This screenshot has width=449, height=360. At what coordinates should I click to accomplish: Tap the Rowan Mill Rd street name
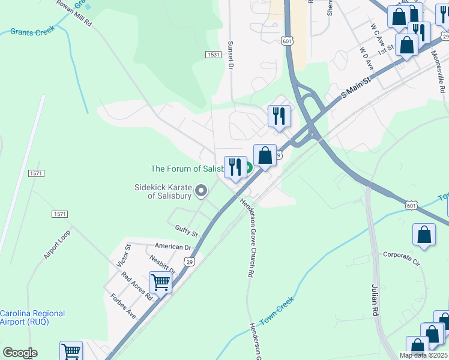pyautogui.click(x=74, y=13)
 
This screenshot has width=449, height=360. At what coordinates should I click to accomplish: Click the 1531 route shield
pyautogui.click(x=212, y=54)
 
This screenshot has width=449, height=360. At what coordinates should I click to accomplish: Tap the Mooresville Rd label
pyautogui.click(x=439, y=71)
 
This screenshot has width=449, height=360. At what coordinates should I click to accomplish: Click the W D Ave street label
pyautogui.click(x=366, y=58)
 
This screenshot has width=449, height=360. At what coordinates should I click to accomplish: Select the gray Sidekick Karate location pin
pyautogui.click(x=201, y=191)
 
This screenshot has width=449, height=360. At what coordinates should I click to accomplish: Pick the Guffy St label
pyautogui.click(x=186, y=230)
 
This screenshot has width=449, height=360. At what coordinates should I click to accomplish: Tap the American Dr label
pyautogui.click(x=172, y=247)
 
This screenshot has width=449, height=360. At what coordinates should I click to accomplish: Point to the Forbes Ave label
pyautogui.click(x=123, y=306)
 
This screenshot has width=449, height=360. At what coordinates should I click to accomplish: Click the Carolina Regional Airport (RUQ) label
pyautogui.click(x=32, y=317)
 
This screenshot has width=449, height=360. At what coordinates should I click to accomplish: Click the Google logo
pyautogui.click(x=20, y=353)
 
